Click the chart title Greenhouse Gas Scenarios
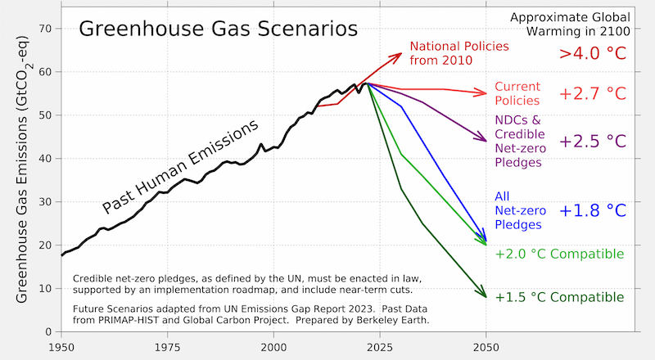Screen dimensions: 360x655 (217, 29)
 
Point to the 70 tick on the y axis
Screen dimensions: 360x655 (45, 29)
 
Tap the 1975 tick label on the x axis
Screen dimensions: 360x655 (167, 347)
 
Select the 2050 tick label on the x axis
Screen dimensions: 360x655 (486, 347)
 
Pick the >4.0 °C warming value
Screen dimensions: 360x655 (592, 53)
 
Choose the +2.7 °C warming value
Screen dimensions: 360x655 (592, 93)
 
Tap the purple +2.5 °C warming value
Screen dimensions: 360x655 (592, 141)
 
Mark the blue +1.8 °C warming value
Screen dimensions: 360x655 (592, 210)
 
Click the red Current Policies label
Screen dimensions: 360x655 (517, 93)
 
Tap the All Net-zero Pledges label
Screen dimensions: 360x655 (517, 209)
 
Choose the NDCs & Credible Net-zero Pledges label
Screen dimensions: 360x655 (519, 141)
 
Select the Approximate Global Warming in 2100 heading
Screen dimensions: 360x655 (570, 25)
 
